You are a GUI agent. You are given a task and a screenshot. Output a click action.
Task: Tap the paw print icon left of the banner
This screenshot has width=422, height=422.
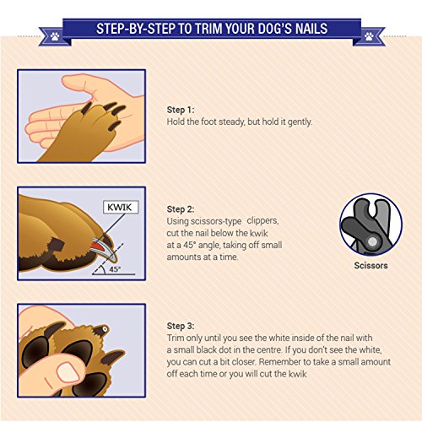(55, 36)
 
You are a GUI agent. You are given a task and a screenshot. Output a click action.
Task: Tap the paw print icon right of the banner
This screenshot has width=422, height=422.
(369, 36)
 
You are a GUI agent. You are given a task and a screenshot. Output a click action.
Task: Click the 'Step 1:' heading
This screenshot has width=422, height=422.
(181, 110)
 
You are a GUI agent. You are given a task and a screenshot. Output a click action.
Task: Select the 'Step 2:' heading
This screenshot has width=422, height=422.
(181, 209)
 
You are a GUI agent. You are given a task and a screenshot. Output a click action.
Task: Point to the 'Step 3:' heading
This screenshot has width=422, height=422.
(181, 326)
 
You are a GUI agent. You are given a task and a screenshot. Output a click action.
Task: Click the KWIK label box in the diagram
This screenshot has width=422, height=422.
(121, 208)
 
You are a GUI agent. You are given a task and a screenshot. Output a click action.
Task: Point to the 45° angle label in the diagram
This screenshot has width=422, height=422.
(115, 269)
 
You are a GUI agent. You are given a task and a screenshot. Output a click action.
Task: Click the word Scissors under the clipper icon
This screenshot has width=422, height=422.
(371, 265)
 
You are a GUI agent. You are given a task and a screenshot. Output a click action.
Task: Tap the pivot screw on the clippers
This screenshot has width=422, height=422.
(372, 241)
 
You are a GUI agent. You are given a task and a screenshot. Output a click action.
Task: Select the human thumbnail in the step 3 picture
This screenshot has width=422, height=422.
(68, 372)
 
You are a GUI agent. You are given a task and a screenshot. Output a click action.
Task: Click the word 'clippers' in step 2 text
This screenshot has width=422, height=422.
(262, 221)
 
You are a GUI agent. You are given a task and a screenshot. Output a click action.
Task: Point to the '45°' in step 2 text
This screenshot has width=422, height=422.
(190, 245)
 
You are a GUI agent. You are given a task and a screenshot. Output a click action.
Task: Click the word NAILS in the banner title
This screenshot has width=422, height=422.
(311, 29)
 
